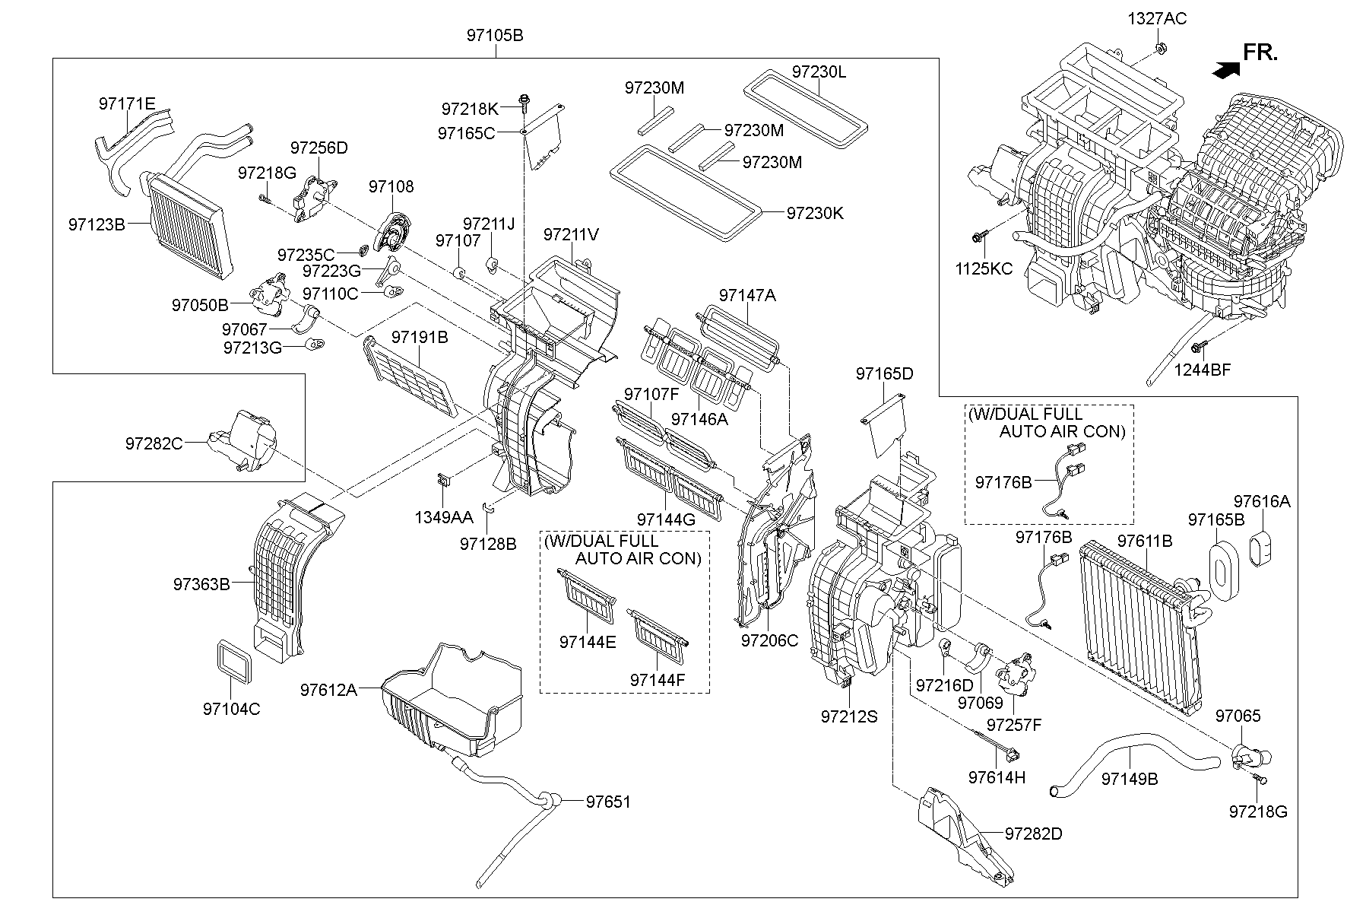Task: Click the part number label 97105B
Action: [x=495, y=36]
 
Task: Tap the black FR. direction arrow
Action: [x=1225, y=70]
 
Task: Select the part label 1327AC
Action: [x=1156, y=19]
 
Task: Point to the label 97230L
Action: [x=819, y=72]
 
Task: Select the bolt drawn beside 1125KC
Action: [x=978, y=236]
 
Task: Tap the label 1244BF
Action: [x=1202, y=370]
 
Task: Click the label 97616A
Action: [x=1262, y=502]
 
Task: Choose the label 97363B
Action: [x=201, y=584]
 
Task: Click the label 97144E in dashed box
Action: [x=588, y=642]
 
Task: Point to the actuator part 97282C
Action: [x=247, y=441]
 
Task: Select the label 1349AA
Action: [x=444, y=517]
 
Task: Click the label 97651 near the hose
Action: [x=608, y=802]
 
